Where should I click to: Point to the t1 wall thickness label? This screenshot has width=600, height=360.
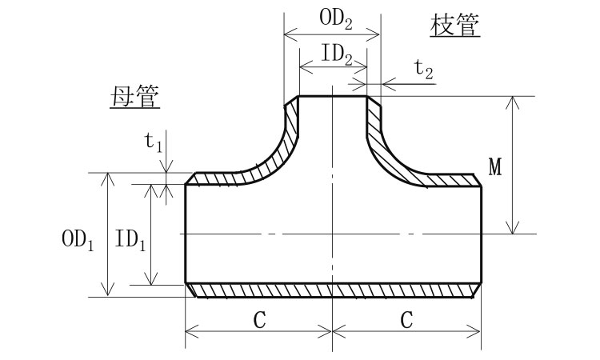click(x=153, y=142)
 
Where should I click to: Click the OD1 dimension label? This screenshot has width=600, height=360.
click(x=78, y=239)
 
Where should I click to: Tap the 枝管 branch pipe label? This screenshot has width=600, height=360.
click(x=455, y=26)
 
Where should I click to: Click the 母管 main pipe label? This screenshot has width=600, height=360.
click(x=134, y=98)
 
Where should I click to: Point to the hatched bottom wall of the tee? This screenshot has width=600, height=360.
click(x=333, y=290)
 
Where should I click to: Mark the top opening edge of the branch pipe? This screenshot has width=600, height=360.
click(x=333, y=97)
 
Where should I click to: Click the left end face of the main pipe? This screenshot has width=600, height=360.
click(x=186, y=234)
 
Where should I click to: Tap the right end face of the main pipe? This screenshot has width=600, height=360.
click(x=481, y=234)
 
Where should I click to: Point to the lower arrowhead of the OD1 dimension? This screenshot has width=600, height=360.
click(x=106, y=290)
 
